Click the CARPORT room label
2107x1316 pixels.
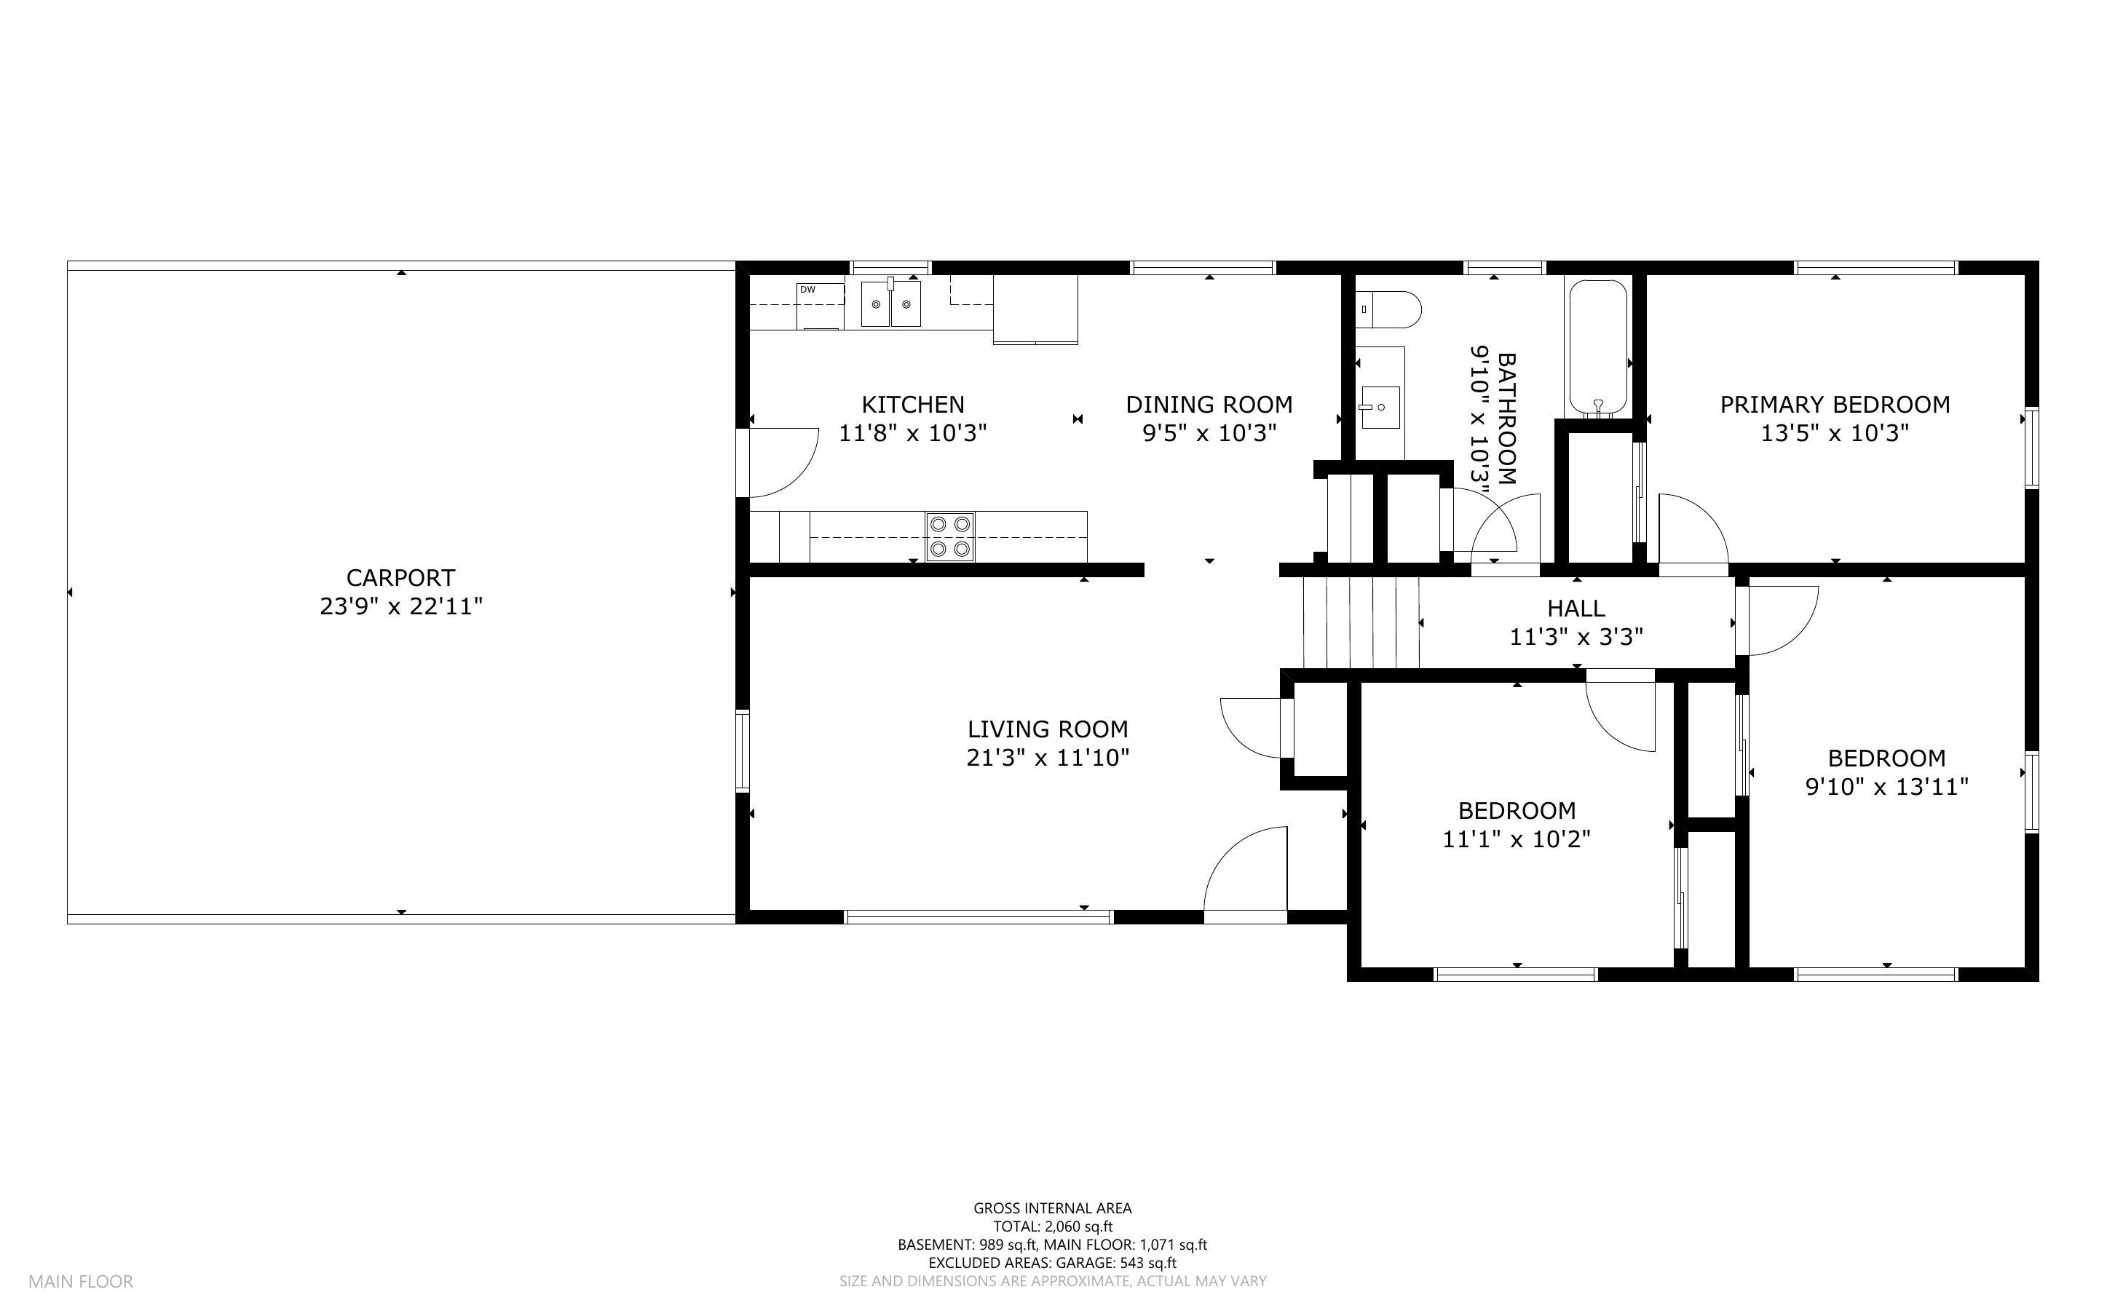400,578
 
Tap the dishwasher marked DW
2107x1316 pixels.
820,306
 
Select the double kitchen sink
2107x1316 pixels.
890,303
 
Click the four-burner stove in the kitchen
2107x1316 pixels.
949,537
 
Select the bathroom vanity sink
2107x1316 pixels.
1380,408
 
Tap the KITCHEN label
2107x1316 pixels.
913,405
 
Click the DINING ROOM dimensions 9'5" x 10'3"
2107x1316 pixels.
1209,432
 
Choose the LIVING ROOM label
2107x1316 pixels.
1048,729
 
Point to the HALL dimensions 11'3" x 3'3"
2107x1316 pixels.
1576,637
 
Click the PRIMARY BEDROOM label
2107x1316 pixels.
1835,405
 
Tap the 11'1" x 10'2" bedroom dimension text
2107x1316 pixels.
1517,839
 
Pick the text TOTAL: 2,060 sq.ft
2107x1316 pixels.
1053,1226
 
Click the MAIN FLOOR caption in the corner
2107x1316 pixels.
81,1281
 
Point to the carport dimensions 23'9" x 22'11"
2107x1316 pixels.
401,606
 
